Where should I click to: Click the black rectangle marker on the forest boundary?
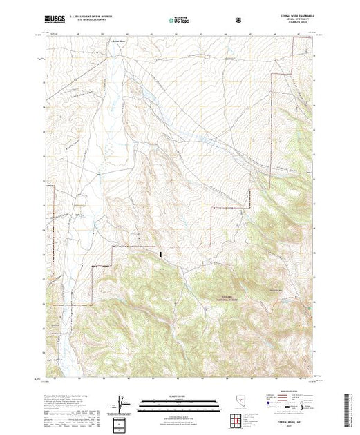[x=161, y=255]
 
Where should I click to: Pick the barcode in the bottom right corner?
[x=348, y=409]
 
